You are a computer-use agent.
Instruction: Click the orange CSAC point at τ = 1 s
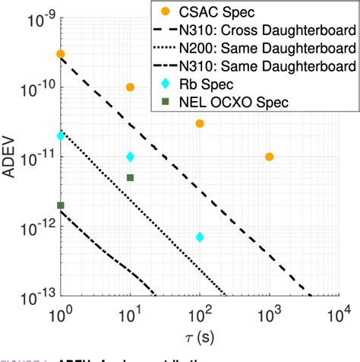[61, 54]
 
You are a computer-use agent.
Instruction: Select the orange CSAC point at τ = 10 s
[130, 87]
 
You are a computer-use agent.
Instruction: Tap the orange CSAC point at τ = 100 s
[200, 123]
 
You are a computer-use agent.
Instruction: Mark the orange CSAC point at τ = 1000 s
[269, 157]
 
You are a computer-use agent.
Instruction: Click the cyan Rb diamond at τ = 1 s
[61, 135]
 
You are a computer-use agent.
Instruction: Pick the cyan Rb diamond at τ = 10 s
[130, 157]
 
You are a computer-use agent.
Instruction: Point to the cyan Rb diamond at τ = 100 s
[200, 237]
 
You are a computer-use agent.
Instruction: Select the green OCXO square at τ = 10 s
[130, 177]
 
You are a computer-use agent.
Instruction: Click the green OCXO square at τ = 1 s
[61, 205]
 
